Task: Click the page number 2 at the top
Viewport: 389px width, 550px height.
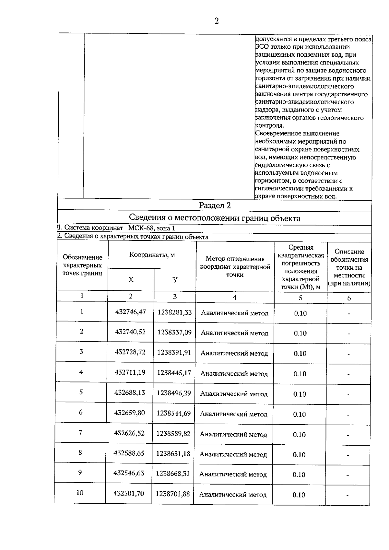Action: pyautogui.click(x=217, y=21)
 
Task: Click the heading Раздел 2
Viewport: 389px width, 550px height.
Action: pyautogui.click(x=215, y=205)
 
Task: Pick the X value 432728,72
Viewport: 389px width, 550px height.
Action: pyautogui.click(x=130, y=352)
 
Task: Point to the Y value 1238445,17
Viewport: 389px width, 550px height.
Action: pyautogui.click(x=174, y=373)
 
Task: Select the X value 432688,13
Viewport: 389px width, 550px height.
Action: pyautogui.click(x=130, y=392)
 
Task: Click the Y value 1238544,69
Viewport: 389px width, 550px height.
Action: pyautogui.click(x=174, y=413)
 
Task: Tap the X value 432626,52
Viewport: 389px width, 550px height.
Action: pyautogui.click(x=129, y=433)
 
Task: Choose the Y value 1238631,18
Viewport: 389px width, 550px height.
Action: pyautogui.click(x=173, y=453)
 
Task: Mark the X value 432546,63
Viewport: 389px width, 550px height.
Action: pyautogui.click(x=129, y=473)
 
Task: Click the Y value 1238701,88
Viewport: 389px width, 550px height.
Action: pyautogui.click(x=173, y=494)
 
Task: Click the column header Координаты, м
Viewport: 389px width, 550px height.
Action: pyautogui.click(x=152, y=255)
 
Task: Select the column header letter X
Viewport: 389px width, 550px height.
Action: pyautogui.click(x=131, y=279)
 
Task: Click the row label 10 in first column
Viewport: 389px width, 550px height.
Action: pyautogui.click(x=80, y=493)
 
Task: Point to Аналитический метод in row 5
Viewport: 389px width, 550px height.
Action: pyautogui.click(x=234, y=394)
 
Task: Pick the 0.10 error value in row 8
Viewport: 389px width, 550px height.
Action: pyautogui.click(x=299, y=455)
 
